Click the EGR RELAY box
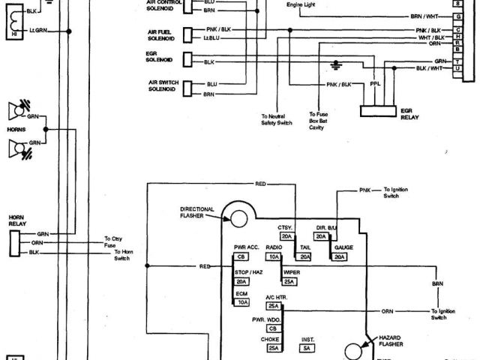(x=378, y=110)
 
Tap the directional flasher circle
(x=239, y=218)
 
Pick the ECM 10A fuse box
(x=241, y=302)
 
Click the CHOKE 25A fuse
(x=273, y=347)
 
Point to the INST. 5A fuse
(x=307, y=347)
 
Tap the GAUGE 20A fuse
(x=340, y=256)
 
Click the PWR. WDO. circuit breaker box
(x=273, y=328)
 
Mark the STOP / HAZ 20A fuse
(x=241, y=281)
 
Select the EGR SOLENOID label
(x=159, y=57)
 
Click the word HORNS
(x=16, y=129)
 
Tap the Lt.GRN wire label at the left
(x=38, y=30)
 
